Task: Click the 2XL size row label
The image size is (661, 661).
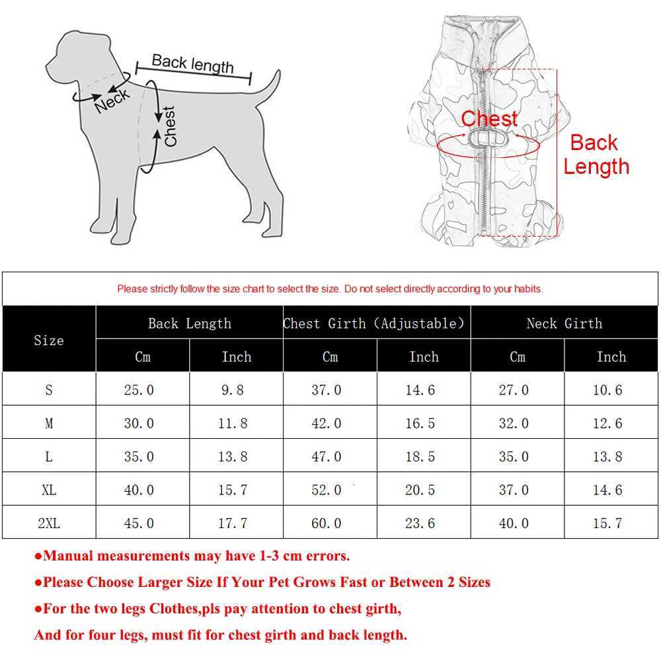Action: pyautogui.click(x=49, y=523)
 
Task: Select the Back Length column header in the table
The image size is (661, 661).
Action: pyautogui.click(x=190, y=323)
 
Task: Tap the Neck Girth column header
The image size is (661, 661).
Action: pyautogui.click(x=564, y=323)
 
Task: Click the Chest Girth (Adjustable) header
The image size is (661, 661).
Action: pyautogui.click(x=374, y=323)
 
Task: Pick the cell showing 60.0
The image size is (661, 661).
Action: pyautogui.click(x=327, y=523)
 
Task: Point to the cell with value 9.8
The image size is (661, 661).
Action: pyautogui.click(x=233, y=390)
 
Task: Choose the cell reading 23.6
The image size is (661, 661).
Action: pyautogui.click(x=420, y=523)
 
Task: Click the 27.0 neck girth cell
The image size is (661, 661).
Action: pyautogui.click(x=514, y=390)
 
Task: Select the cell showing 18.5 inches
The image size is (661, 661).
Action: pyautogui.click(x=420, y=457)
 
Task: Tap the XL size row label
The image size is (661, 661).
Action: pyautogui.click(x=49, y=490)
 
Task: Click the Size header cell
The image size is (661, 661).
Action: pyautogui.click(x=49, y=340)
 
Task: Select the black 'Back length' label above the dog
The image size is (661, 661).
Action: pyautogui.click(x=192, y=63)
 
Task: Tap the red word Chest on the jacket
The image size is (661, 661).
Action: pyautogui.click(x=489, y=119)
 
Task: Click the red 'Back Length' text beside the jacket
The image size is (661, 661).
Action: pyautogui.click(x=596, y=155)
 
